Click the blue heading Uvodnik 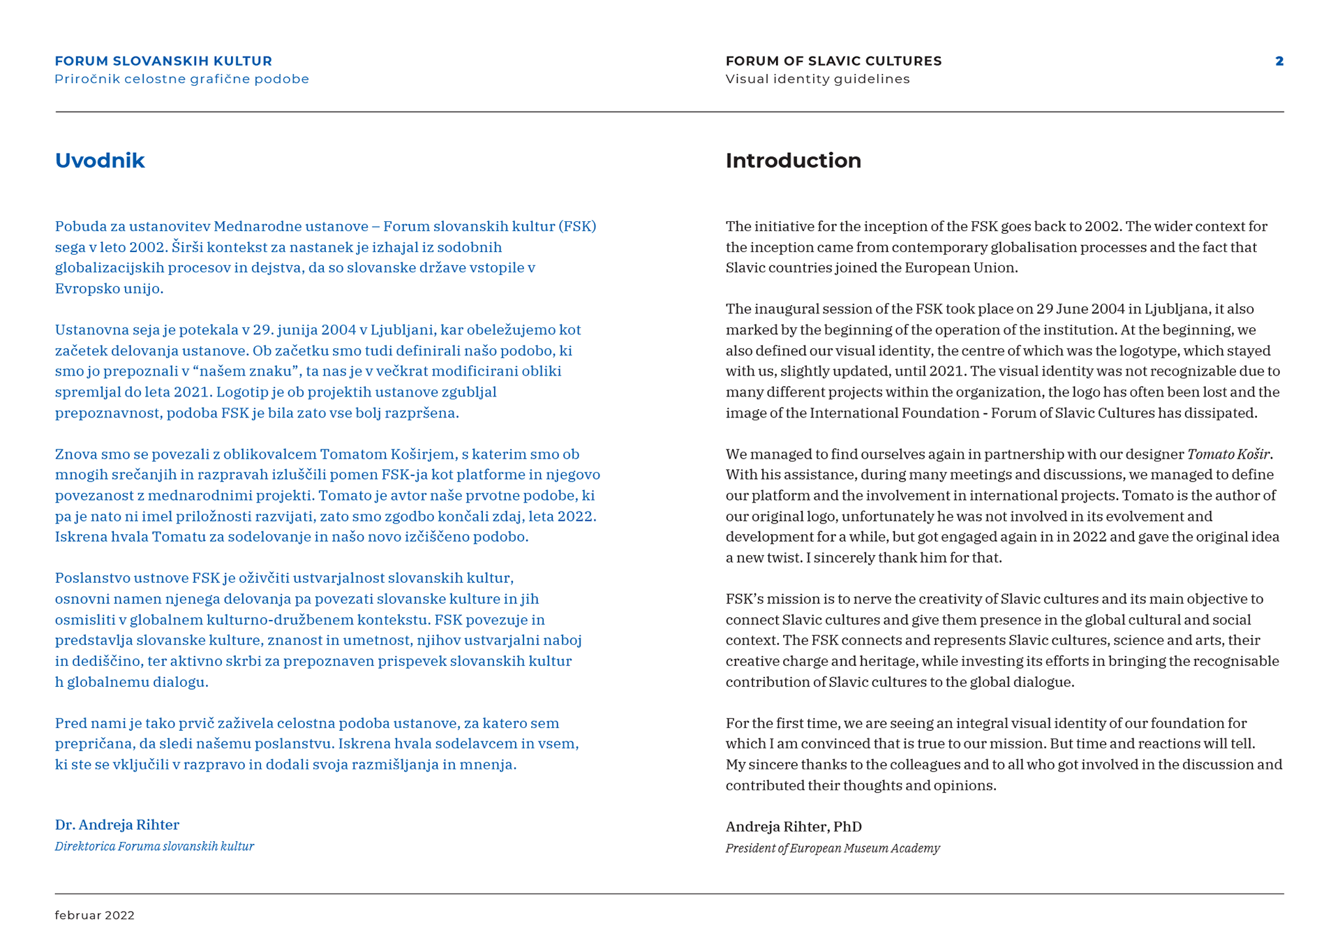pos(100,161)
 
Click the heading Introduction pos(793,161)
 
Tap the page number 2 pos(1279,61)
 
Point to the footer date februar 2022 pos(94,915)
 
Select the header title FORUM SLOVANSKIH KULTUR pos(163,61)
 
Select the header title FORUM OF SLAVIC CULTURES pos(833,61)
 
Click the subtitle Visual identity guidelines pos(817,79)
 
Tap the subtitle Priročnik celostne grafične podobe pos(181,79)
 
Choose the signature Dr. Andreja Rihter pos(117,824)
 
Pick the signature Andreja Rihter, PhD pos(794,827)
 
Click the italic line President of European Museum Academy pos(832,848)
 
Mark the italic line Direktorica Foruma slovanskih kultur pos(154,846)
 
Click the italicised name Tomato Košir pos(1228,454)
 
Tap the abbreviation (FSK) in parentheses pos(577,226)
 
